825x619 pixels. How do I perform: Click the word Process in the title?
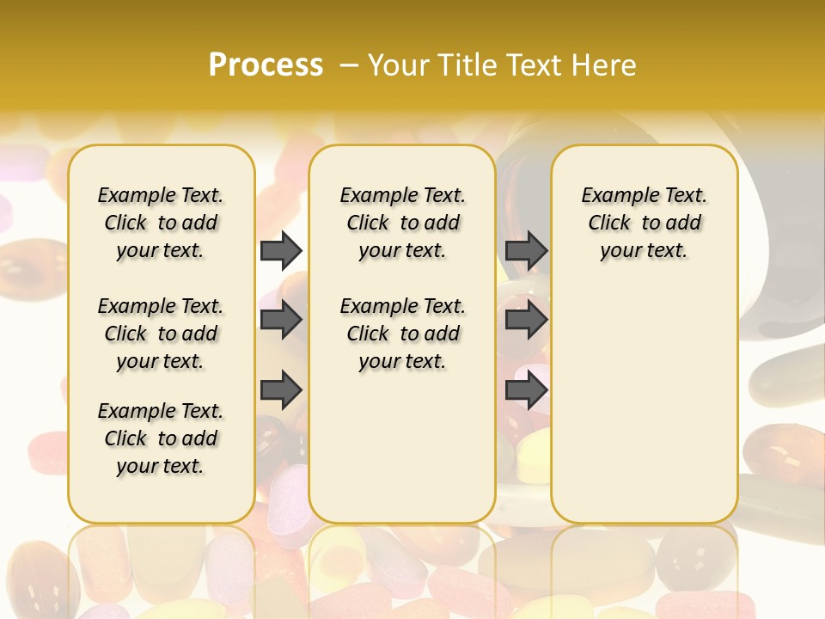coord(266,64)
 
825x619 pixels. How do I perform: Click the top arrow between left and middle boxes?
coord(281,250)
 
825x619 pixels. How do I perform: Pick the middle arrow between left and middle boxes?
coord(281,321)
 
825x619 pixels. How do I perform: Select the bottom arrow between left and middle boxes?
coord(281,389)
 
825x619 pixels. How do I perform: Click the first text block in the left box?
coord(161,223)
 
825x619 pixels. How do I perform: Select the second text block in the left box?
coord(161,334)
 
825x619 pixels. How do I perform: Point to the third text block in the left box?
coord(161,438)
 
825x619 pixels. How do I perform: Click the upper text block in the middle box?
coord(402,223)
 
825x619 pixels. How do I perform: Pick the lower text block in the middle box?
coord(402,334)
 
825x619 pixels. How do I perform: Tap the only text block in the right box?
coord(644,223)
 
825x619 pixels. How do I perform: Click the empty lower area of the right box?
coord(644,404)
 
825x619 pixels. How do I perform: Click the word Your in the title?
coord(399,64)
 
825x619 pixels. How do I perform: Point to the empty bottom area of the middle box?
coord(402,456)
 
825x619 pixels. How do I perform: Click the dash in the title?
coord(349,64)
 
